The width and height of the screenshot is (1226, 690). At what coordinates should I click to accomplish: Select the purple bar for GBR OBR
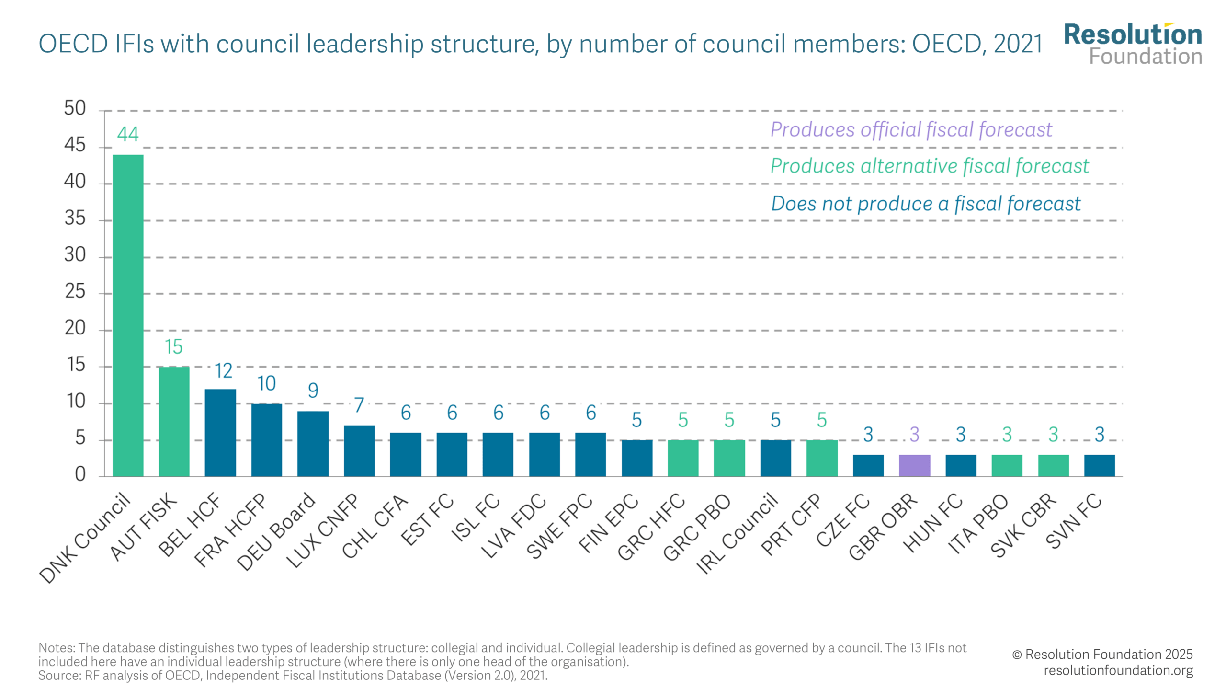(x=914, y=465)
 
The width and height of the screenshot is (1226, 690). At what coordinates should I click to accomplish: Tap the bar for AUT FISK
(x=174, y=421)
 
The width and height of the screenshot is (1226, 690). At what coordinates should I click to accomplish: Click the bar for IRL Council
(x=775, y=458)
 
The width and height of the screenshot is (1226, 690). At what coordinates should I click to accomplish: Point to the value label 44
(x=128, y=134)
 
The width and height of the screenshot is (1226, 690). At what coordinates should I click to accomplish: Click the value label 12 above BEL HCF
(x=223, y=370)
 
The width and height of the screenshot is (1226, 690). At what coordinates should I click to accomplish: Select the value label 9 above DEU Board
(x=313, y=390)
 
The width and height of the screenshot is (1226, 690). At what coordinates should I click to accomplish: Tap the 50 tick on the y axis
(x=75, y=108)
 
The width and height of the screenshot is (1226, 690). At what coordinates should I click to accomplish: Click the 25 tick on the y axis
(x=75, y=291)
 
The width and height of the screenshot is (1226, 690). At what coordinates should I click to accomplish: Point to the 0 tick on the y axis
(x=80, y=474)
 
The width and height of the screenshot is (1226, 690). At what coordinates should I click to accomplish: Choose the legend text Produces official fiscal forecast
(x=911, y=129)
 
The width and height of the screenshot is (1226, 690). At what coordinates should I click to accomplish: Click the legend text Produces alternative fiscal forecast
(x=929, y=166)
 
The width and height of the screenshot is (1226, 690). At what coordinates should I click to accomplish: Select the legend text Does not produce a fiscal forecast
(x=926, y=204)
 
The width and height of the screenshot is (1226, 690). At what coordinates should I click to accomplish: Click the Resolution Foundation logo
(x=1133, y=44)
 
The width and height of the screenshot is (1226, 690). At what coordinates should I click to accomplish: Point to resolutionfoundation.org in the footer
(x=1118, y=670)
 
